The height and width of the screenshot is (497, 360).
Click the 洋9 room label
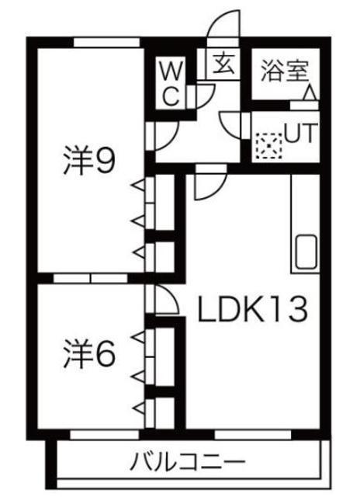click(x=88, y=160)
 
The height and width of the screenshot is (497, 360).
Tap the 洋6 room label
click(x=88, y=353)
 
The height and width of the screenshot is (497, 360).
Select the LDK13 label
click(x=252, y=309)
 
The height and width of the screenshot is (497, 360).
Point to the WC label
click(x=172, y=83)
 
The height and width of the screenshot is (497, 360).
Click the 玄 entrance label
click(x=223, y=64)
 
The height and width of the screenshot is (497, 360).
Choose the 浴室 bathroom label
click(x=284, y=71)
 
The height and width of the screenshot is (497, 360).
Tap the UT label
click(x=300, y=133)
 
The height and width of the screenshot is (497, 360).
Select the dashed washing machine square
click(x=268, y=146)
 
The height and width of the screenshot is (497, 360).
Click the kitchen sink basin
click(x=306, y=252)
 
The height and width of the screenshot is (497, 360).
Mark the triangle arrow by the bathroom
click(x=310, y=93)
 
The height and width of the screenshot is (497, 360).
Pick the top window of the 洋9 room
click(x=107, y=43)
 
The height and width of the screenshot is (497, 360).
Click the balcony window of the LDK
click(x=253, y=435)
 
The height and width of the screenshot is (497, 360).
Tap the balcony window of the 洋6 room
click(x=105, y=435)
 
